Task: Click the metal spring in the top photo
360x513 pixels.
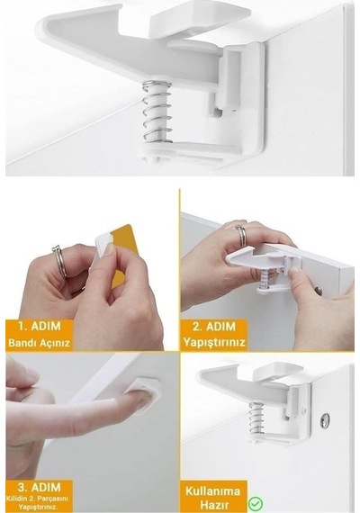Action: [157, 112]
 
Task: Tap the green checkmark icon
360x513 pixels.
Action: [256, 504]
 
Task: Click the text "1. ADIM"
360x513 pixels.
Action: [40, 326]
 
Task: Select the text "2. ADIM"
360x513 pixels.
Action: [214, 326]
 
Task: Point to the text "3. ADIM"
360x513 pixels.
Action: [40, 488]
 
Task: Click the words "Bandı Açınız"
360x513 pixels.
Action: [40, 343]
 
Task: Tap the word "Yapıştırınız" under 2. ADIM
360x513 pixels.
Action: [214, 342]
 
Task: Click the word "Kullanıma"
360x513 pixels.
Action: [212, 491]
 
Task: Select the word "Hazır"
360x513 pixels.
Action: [214, 504]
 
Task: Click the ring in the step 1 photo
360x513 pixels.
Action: [59, 262]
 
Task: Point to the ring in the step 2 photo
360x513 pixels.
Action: [241, 235]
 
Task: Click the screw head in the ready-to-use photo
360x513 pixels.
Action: [325, 420]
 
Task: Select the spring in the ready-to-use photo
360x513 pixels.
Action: [257, 419]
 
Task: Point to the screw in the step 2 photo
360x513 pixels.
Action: [318, 290]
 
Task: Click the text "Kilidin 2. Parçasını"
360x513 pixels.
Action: [40, 499]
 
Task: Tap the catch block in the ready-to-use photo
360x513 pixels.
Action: [278, 372]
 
